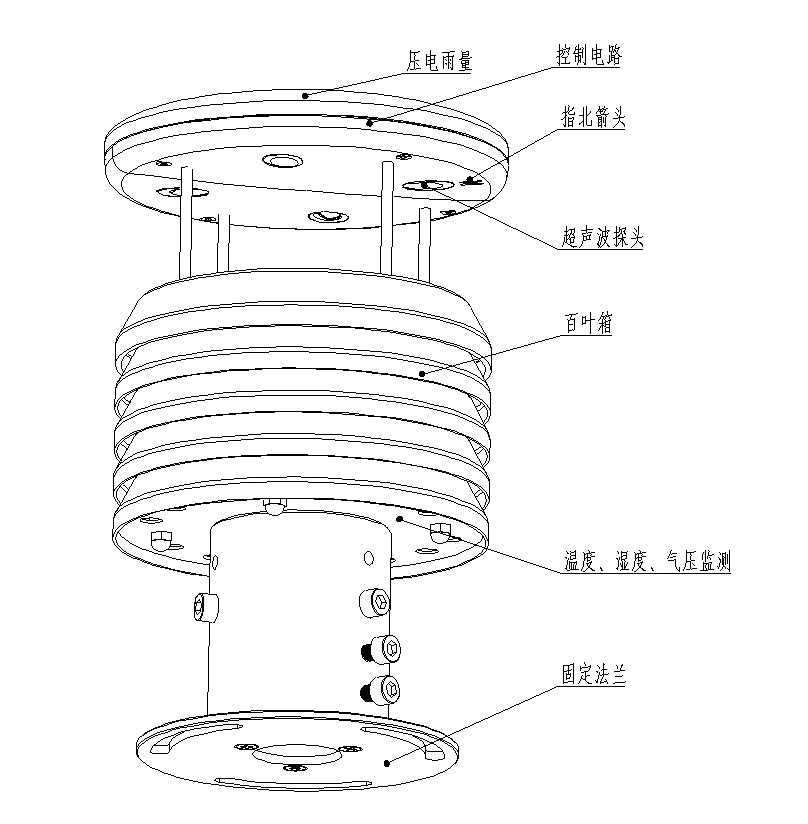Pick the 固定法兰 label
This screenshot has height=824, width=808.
coord(593,675)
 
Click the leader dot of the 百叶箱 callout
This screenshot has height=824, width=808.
coord(423,374)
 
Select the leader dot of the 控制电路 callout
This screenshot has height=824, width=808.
coord(370,123)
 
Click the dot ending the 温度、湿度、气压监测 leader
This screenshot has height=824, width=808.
coord(400,520)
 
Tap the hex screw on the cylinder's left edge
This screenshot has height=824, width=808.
coord(206,605)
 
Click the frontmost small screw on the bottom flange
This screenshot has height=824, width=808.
coord(297,768)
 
